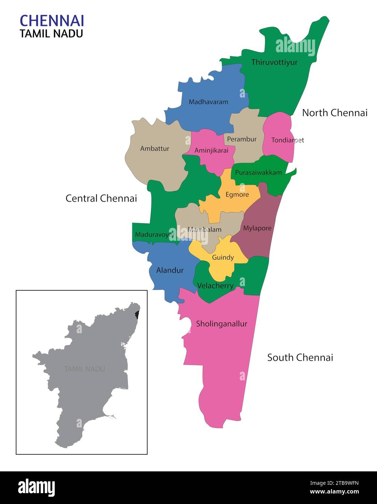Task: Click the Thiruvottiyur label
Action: click(274, 62)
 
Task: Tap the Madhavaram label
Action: click(208, 102)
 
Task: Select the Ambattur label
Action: click(154, 148)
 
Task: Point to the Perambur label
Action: click(242, 139)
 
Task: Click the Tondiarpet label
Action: click(287, 140)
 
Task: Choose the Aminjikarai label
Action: click(211, 150)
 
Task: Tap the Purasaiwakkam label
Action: click(258, 173)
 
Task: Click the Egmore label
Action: click(237, 195)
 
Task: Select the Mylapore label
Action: click(257, 228)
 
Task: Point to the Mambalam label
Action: click(204, 230)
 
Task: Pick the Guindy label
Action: click(223, 257)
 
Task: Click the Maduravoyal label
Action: click(154, 235)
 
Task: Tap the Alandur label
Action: click(170, 270)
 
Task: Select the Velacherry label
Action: click(215, 286)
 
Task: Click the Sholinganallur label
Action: click(221, 324)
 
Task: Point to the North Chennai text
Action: click(335, 113)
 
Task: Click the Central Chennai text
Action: click(101, 198)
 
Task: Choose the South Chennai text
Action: click(300, 358)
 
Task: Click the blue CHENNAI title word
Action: click(52, 21)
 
